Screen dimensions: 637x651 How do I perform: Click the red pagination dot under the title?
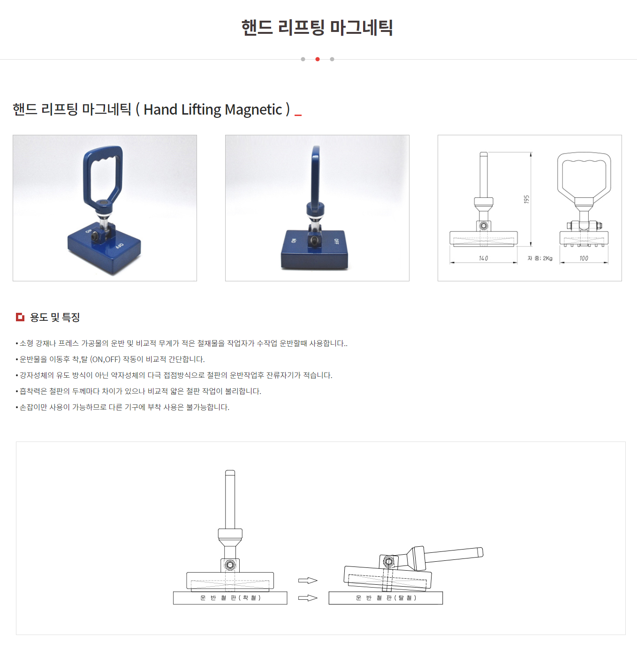(318, 59)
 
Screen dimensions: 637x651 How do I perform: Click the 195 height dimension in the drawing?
(527, 199)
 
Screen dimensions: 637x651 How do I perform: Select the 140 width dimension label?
(484, 258)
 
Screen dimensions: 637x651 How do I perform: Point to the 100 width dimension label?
(584, 258)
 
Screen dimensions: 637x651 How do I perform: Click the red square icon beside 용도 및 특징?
(20, 317)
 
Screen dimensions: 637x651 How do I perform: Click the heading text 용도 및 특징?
(55, 317)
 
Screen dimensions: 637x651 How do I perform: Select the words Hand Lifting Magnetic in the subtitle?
(213, 109)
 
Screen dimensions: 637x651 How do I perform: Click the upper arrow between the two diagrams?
(308, 581)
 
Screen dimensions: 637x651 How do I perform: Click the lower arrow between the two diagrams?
(308, 598)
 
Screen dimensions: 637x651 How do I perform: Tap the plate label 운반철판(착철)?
(230, 597)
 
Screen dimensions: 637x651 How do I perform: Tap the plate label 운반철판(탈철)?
(386, 597)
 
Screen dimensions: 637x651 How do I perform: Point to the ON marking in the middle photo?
(294, 240)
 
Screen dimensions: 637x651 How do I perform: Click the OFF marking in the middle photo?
(336, 241)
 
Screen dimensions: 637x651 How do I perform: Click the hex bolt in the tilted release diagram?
(389, 561)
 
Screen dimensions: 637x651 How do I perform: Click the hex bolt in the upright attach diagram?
(230, 565)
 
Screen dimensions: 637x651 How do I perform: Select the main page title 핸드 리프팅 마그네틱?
(317, 27)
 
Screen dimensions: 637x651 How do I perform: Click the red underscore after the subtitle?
(298, 116)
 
